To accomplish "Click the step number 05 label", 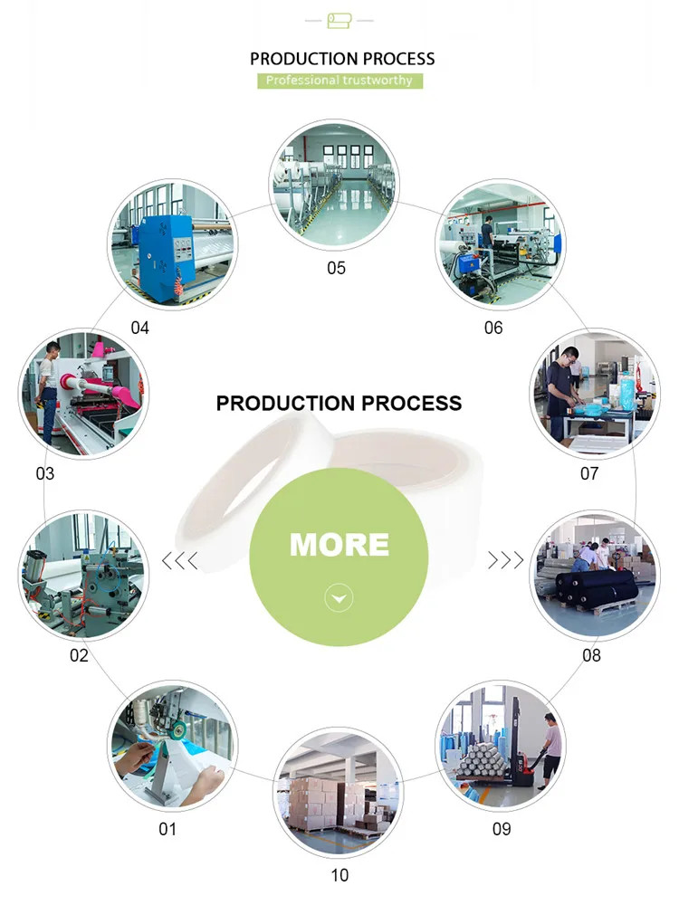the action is pos(336,268).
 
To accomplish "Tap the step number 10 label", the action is pos(339,875).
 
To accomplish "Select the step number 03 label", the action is pos(44,473).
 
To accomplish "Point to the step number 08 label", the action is pos(591,654).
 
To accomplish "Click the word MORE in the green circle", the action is pos(339,544).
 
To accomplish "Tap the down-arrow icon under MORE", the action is pos(339,598).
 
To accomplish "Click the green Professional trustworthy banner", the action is pos(339,81).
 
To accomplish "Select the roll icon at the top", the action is pos(339,19).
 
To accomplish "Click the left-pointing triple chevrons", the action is pos(179,561).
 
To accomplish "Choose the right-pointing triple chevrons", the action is pos(506,561).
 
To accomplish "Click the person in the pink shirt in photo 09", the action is pos(550,743).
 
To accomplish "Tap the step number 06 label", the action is pos(493,328).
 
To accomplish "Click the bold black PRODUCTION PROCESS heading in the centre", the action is pos(339,403).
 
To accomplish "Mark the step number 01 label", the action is pos(167,828).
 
